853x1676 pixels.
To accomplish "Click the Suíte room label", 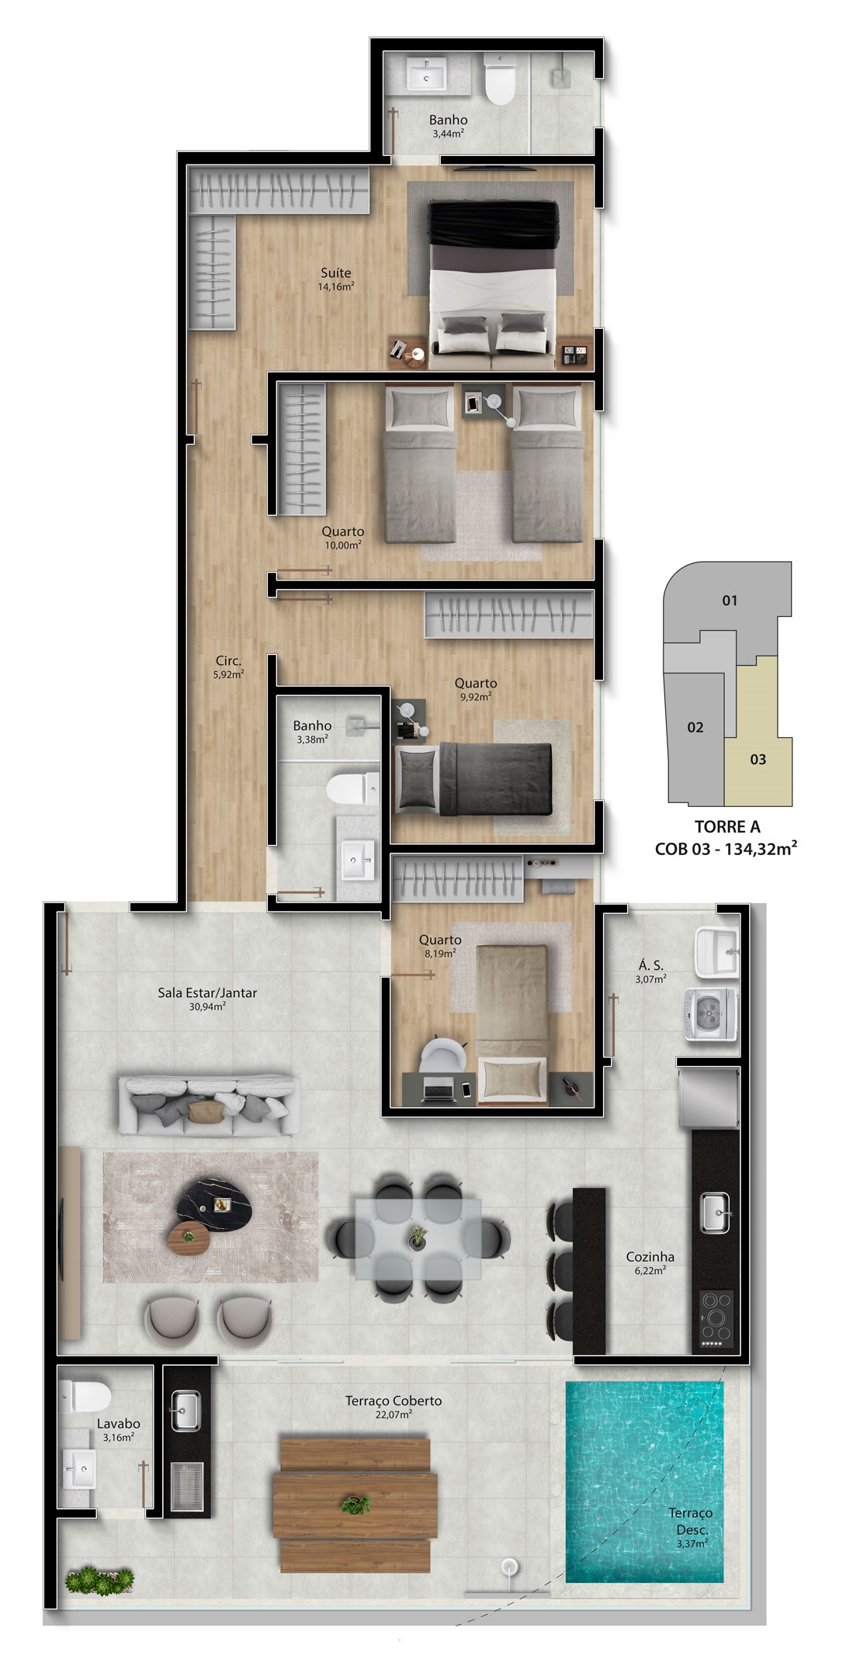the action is point(336,273).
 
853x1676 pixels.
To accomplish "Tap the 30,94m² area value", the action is point(207,1006).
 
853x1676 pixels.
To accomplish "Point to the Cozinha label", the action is point(650,1257).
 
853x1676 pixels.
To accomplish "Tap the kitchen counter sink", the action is point(715,1214).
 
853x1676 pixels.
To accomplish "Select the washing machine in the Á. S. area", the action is point(711,1012).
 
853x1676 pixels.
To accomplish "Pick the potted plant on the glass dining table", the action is point(418,1237).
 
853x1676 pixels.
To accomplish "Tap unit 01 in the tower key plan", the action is point(730,600).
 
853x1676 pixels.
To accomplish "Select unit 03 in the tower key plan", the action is point(758,759).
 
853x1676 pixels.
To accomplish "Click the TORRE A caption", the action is point(727,827).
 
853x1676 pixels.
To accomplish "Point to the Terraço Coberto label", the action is point(394,1401).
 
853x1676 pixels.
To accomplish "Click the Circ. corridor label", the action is point(228,661).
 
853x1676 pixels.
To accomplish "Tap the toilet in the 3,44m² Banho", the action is point(500,79).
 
